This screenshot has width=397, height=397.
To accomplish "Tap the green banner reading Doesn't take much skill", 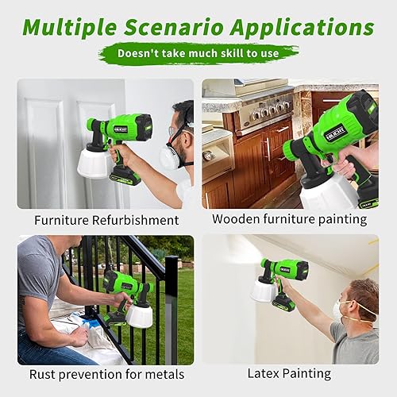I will (x=198, y=54).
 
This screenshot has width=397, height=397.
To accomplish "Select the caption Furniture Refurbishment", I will (x=106, y=219).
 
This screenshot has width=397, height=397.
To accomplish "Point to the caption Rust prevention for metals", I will (x=106, y=374).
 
